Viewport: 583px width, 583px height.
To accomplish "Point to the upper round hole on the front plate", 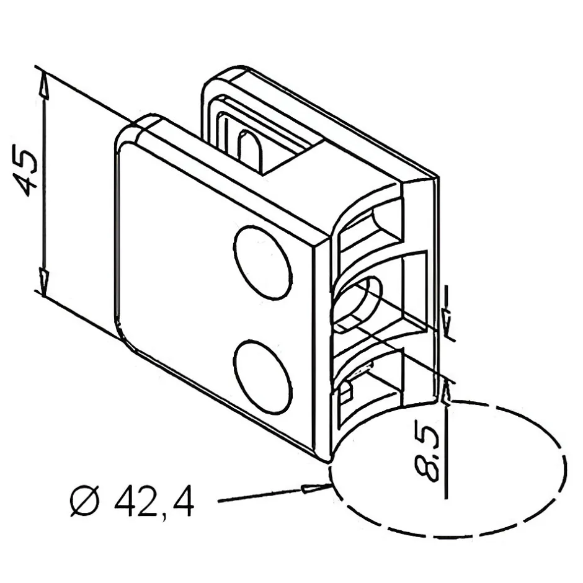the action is pyautogui.click(x=262, y=262).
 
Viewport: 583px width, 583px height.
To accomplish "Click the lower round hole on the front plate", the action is pyautogui.click(x=262, y=376).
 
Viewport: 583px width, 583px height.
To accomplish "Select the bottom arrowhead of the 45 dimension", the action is pyautogui.click(x=44, y=283).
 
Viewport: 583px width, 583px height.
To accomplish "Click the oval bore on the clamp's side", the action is pyautogui.click(x=357, y=303).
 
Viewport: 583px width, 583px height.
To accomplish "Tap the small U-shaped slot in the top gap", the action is pyautogui.click(x=250, y=148).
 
